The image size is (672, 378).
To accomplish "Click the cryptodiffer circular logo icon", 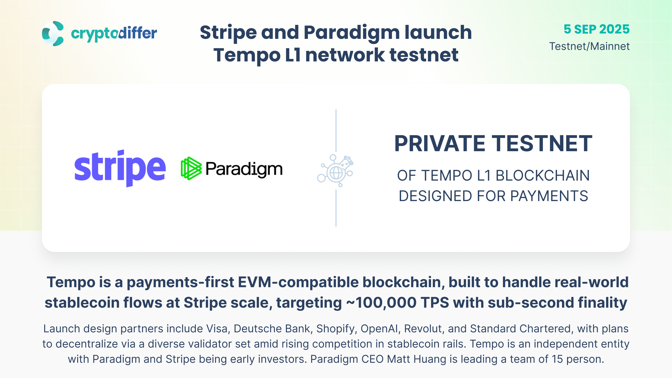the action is coord(53,34).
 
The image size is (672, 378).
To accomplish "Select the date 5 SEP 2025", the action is coord(596,29).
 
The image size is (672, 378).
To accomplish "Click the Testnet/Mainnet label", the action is coord(589,46).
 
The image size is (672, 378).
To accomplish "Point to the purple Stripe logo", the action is coord(120,168).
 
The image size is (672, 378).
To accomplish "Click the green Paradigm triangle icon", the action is coord(191,169).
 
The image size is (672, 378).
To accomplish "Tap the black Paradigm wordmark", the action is coord(244,169).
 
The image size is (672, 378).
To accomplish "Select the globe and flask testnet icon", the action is coord(335,170).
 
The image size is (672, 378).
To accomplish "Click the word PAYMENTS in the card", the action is coord(549,196).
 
